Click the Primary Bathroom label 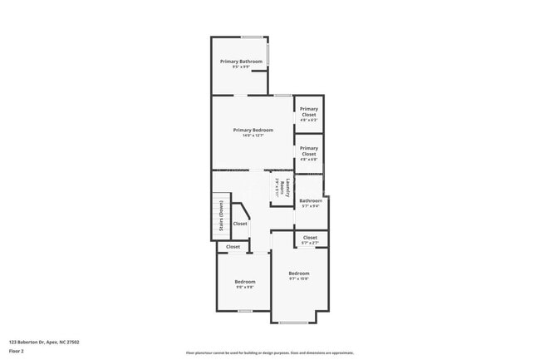[x=241, y=62]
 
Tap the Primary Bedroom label [x=253, y=130]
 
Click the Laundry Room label [x=282, y=187]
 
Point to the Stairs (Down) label [x=221, y=218]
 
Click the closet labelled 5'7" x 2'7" [x=310, y=238]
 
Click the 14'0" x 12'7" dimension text [x=253, y=136]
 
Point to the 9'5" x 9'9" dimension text [x=241, y=67]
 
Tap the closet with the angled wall [x=240, y=224]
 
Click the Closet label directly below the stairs [x=233, y=247]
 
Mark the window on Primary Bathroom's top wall [x=253, y=37]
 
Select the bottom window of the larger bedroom [x=293, y=323]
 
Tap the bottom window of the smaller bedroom [x=245, y=311]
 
